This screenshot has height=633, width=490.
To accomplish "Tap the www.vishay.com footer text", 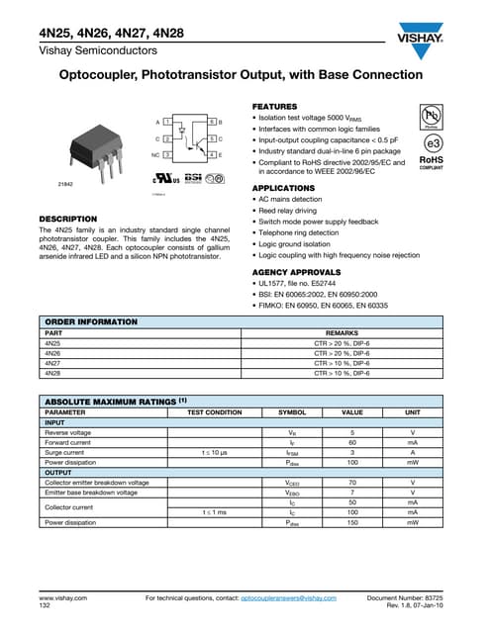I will [62, 598].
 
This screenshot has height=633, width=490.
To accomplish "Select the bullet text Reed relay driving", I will [295, 210].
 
